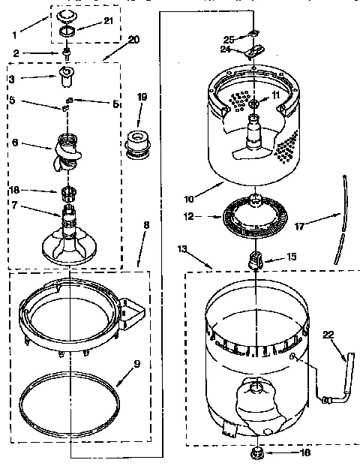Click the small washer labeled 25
click(253, 32)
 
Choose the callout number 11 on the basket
click(274, 95)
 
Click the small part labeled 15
click(255, 260)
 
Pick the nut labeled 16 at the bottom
click(256, 452)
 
